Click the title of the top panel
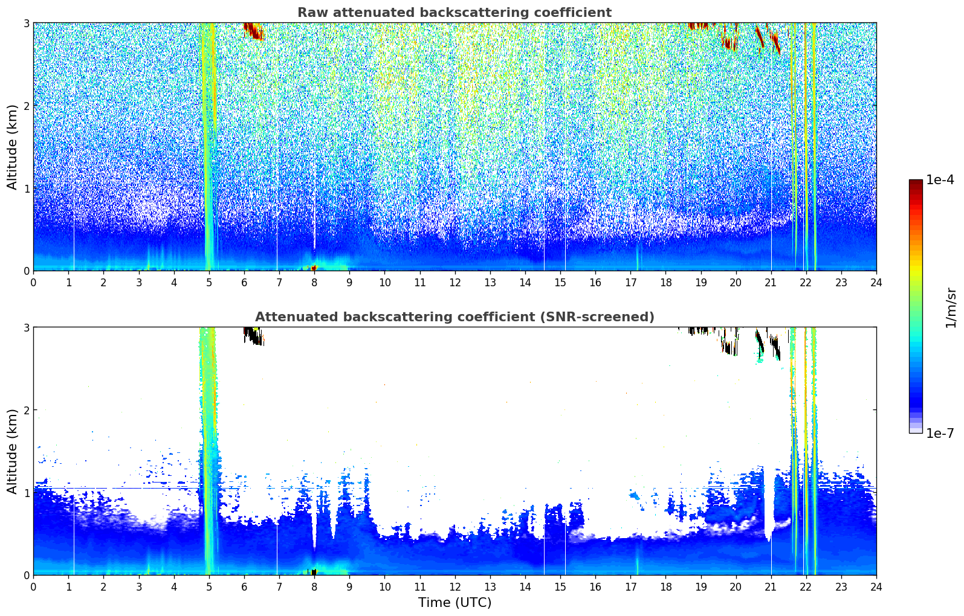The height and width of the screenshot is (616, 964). (455, 13)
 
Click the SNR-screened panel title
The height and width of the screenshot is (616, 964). (455, 317)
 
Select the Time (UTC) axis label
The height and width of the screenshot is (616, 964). (455, 602)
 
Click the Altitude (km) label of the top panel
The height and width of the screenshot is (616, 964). (12, 147)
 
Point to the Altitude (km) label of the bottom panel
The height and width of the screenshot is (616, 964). (12, 452)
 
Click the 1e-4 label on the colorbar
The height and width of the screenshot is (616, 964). (940, 180)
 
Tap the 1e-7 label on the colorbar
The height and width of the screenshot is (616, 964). (940, 433)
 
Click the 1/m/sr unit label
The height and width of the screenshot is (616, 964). (951, 308)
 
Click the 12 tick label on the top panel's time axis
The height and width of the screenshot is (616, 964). (455, 283)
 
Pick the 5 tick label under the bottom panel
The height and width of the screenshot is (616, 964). (209, 587)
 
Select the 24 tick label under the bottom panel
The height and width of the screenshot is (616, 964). (876, 587)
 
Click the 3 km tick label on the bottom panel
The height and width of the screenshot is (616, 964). (26, 328)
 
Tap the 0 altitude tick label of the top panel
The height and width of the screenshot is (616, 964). (26, 271)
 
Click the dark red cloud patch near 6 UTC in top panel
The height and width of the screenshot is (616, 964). (253, 31)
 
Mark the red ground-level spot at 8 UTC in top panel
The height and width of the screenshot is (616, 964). (314, 268)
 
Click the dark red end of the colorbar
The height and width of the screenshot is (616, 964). (916, 182)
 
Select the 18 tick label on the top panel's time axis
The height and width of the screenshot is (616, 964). (666, 283)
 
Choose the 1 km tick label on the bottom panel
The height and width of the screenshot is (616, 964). (26, 493)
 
